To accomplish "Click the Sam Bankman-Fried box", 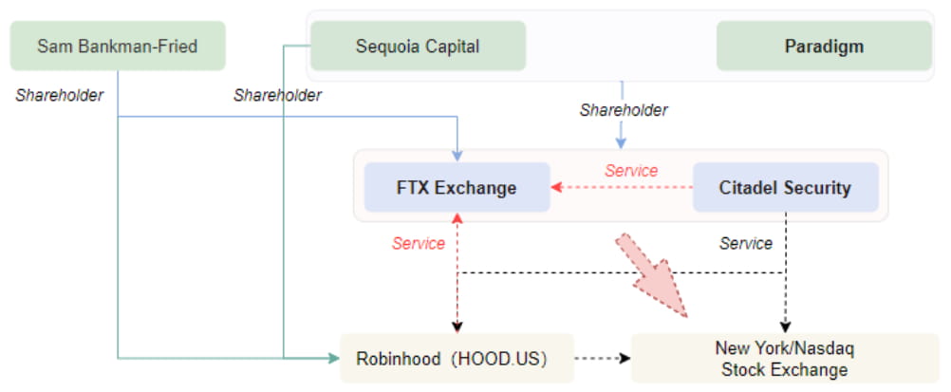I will tap(118, 46).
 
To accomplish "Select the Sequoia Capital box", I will tap(418, 46).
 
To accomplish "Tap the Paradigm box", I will tap(824, 46).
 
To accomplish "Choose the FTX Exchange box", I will tap(457, 187).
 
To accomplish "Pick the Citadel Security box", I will tap(785, 187).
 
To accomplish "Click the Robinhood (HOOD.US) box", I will tap(457, 358).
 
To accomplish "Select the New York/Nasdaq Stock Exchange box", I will tap(784, 359).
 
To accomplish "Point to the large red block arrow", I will tap(655, 275).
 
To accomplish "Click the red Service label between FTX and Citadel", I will tap(631, 171).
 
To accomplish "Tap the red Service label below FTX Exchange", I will tap(419, 244).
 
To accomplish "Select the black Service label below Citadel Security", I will tap(746, 244).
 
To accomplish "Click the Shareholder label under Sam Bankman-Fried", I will tap(60, 95).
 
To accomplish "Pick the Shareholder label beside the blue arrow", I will tap(624, 110).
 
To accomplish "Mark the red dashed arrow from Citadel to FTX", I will tap(622, 187).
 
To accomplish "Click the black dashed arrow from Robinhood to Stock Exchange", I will tap(603, 358).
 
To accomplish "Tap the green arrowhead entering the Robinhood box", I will tap(334, 358).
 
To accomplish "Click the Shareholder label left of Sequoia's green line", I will tap(277, 95).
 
